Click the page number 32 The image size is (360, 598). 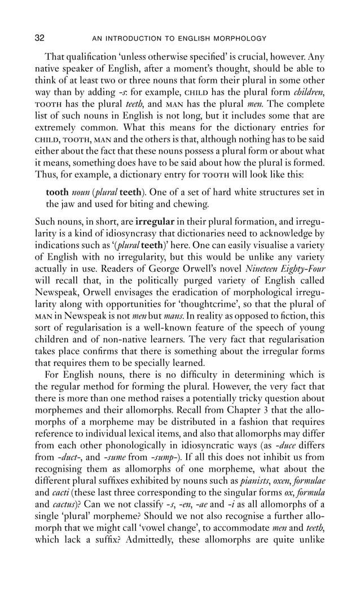click(39, 38)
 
